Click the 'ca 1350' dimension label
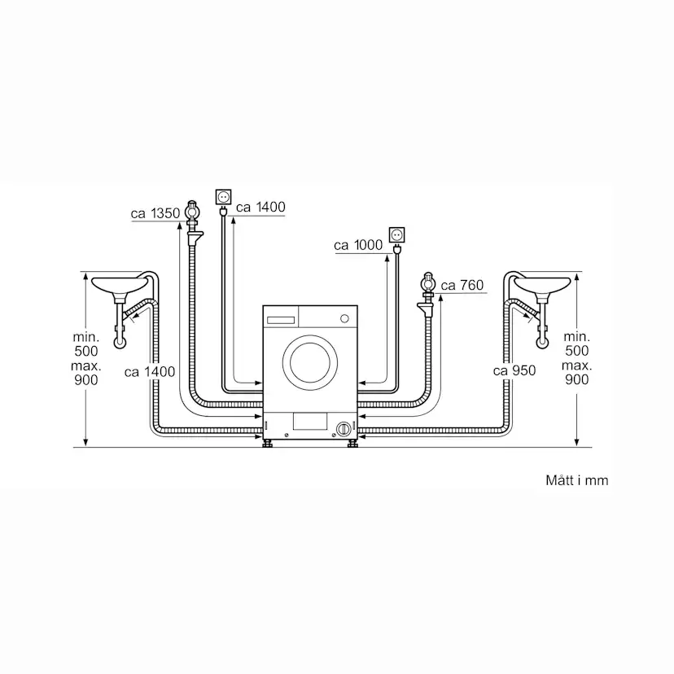(x=155, y=214)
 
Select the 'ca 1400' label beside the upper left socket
(x=260, y=207)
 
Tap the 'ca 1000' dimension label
(x=358, y=245)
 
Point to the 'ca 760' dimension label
(x=462, y=285)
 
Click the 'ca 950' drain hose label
(x=514, y=370)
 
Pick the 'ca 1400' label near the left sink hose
(x=150, y=371)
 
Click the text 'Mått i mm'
(x=576, y=480)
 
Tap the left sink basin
(x=120, y=285)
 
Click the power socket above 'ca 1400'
(x=223, y=195)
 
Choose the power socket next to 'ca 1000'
(x=396, y=234)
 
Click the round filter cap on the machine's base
(x=344, y=427)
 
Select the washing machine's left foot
(x=269, y=444)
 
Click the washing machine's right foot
(x=352, y=444)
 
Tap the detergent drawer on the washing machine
(x=280, y=314)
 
